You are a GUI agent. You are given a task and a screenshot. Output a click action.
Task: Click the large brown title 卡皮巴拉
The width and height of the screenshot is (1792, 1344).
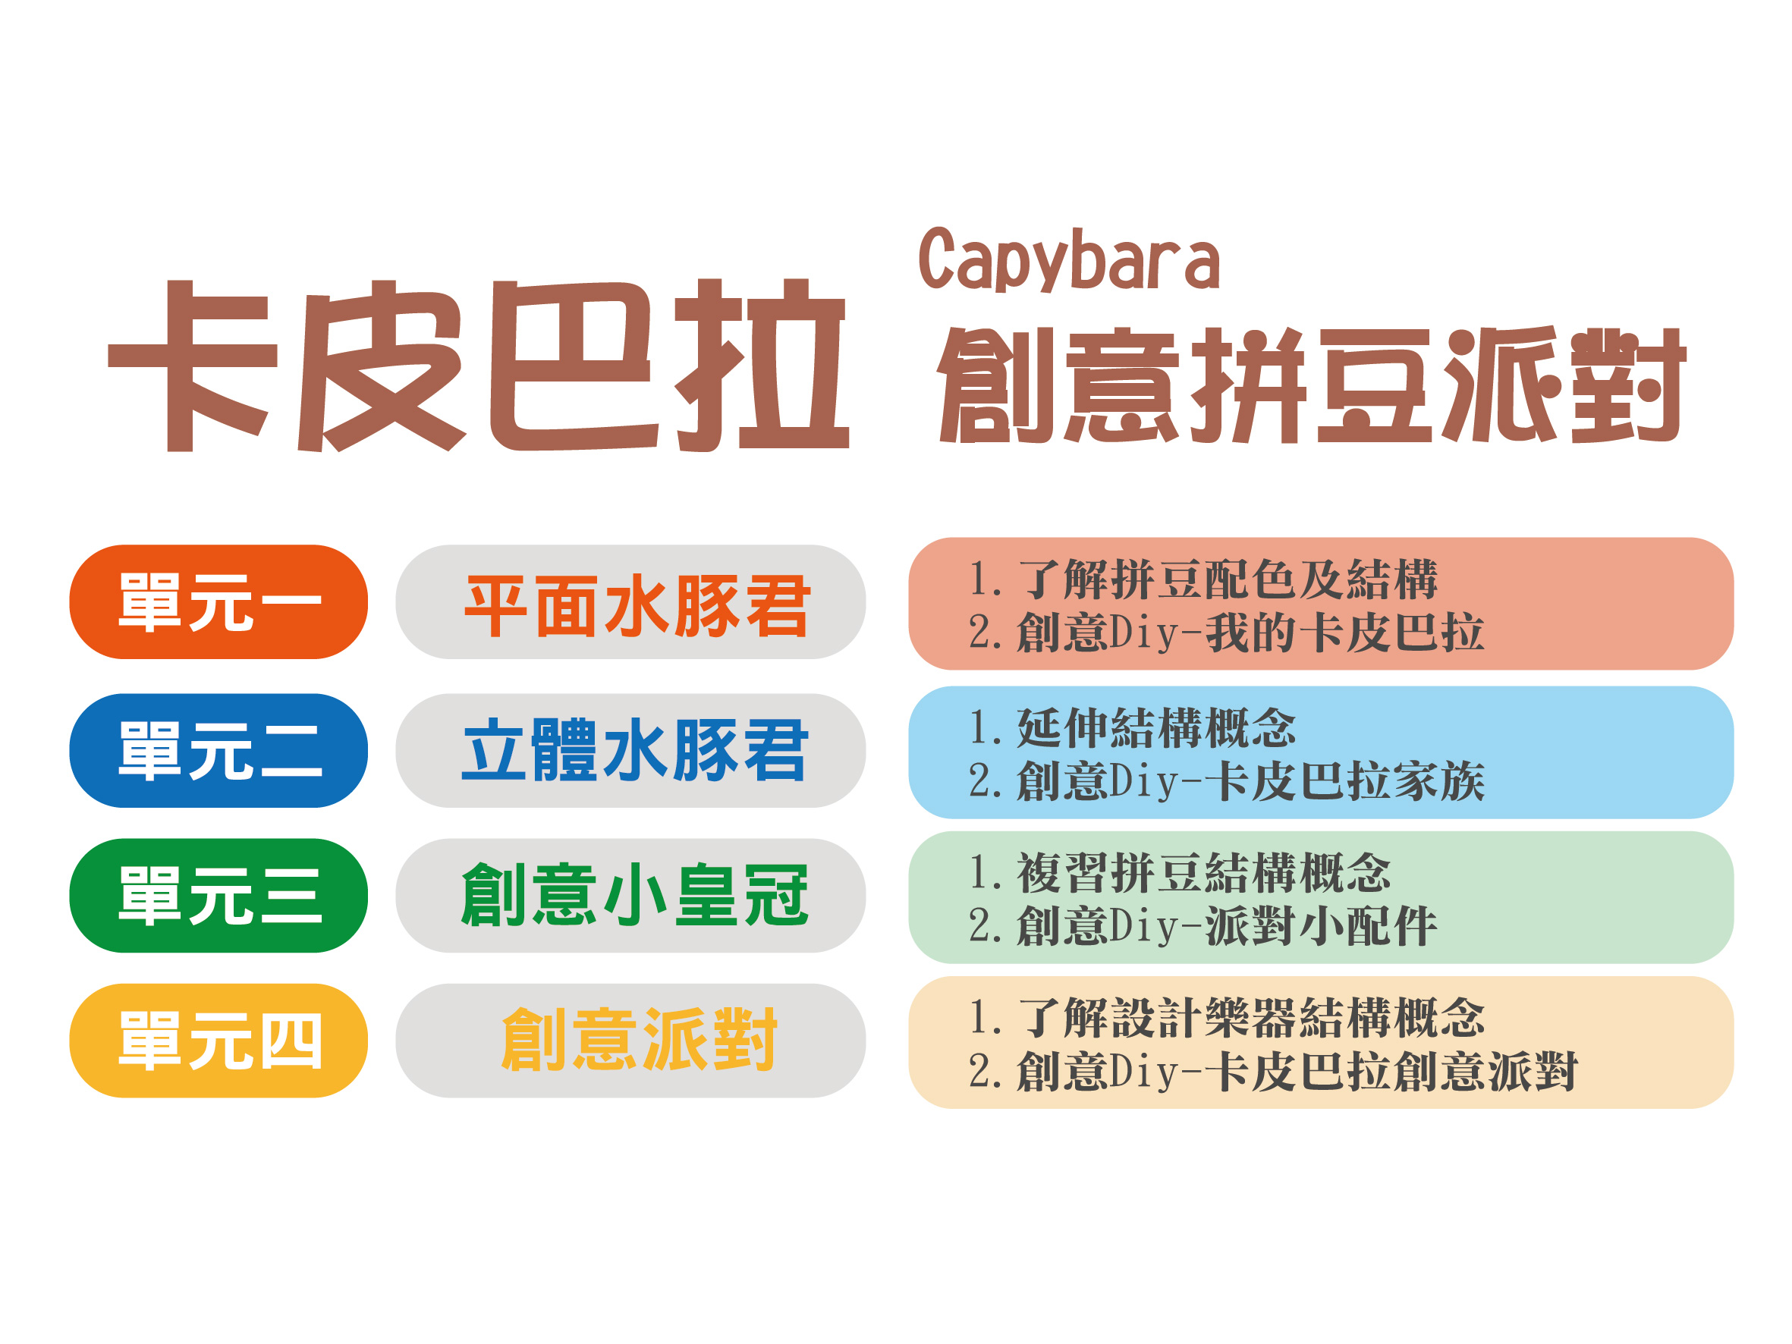tap(478, 366)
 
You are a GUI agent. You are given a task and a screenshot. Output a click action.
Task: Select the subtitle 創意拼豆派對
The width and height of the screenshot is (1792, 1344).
tap(1311, 385)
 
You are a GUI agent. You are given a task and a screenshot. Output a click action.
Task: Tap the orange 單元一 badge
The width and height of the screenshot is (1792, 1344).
tap(218, 602)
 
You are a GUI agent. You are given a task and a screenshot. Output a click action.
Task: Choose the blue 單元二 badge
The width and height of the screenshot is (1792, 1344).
tap(218, 751)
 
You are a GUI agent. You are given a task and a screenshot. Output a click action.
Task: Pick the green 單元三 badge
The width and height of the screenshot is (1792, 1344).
tap(218, 896)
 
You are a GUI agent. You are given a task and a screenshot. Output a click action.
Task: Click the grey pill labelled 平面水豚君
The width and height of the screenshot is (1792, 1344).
tap(630, 602)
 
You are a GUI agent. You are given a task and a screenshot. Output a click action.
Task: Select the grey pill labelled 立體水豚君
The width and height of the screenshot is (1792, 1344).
tap(630, 751)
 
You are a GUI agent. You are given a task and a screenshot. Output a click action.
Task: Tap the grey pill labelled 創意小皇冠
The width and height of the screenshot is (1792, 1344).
tap(630, 896)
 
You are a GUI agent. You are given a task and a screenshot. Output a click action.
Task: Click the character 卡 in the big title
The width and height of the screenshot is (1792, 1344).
tap(193, 366)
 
